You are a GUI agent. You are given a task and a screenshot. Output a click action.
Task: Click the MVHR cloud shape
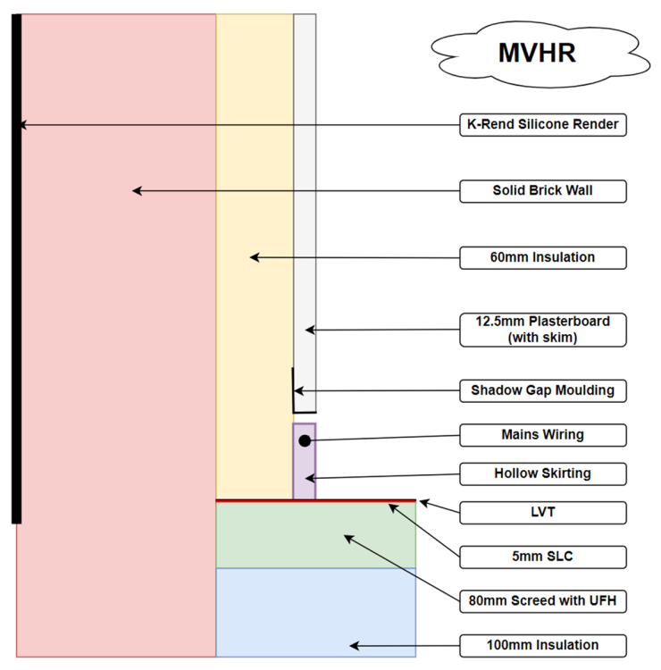[x=540, y=54]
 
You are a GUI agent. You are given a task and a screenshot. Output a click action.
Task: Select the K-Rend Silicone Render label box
[x=542, y=125]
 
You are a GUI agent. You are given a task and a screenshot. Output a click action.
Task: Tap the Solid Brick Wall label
[x=542, y=191]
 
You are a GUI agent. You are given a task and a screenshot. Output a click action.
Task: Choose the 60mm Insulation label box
[x=542, y=257]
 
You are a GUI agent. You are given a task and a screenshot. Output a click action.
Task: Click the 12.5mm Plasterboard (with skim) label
[x=542, y=330]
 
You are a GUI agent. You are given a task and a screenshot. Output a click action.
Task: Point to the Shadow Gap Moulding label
[x=542, y=390]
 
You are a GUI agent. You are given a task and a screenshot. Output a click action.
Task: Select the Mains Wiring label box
[x=542, y=435]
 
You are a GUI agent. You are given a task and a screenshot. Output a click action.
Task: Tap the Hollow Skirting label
[x=542, y=473]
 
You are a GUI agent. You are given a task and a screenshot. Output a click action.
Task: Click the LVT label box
[x=542, y=513]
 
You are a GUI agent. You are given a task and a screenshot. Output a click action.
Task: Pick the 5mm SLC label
[x=542, y=557]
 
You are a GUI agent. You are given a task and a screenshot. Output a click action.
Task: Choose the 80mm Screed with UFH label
[x=542, y=601]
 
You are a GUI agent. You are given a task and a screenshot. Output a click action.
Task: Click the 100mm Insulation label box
[x=542, y=646]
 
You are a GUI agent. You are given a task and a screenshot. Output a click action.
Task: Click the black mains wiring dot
[x=305, y=440]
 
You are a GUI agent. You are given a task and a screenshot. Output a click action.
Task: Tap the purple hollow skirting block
[x=305, y=461]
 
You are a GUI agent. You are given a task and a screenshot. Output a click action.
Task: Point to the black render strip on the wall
[x=16, y=269]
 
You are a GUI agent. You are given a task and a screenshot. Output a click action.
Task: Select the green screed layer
[x=315, y=535]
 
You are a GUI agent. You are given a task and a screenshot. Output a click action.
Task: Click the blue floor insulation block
[x=315, y=612]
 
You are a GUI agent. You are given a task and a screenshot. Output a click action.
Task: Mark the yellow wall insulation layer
[x=255, y=256]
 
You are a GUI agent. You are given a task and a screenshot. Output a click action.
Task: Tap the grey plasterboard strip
[x=305, y=213]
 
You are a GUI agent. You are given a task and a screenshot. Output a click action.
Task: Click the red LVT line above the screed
[x=315, y=500]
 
